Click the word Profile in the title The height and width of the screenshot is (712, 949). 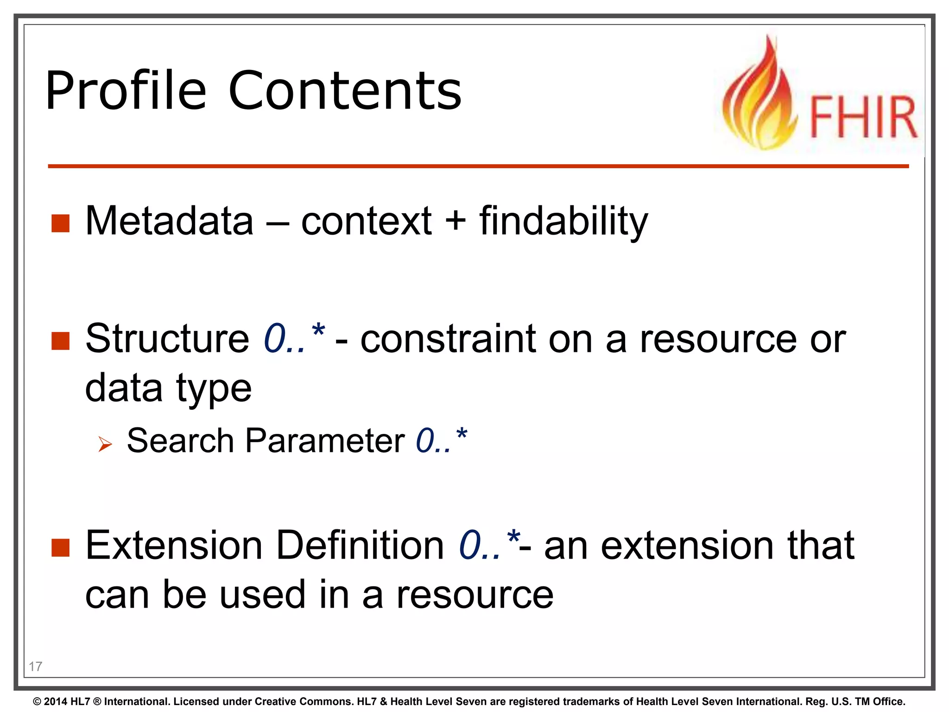pyautogui.click(x=126, y=91)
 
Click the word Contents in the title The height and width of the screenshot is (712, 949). pyautogui.click(x=345, y=91)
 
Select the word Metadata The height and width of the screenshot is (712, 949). pyautogui.click(x=169, y=221)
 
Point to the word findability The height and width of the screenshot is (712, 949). pyautogui.click(x=563, y=221)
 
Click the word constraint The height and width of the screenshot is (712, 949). pyautogui.click(x=448, y=339)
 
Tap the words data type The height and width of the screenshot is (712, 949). pyautogui.click(x=168, y=388)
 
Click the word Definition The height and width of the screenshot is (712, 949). pyautogui.click(x=360, y=546)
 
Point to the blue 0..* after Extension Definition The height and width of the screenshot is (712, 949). pyautogui.click(x=488, y=544)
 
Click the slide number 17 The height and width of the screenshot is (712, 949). pyautogui.click(x=35, y=667)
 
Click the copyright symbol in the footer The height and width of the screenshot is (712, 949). pyautogui.click(x=37, y=702)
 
